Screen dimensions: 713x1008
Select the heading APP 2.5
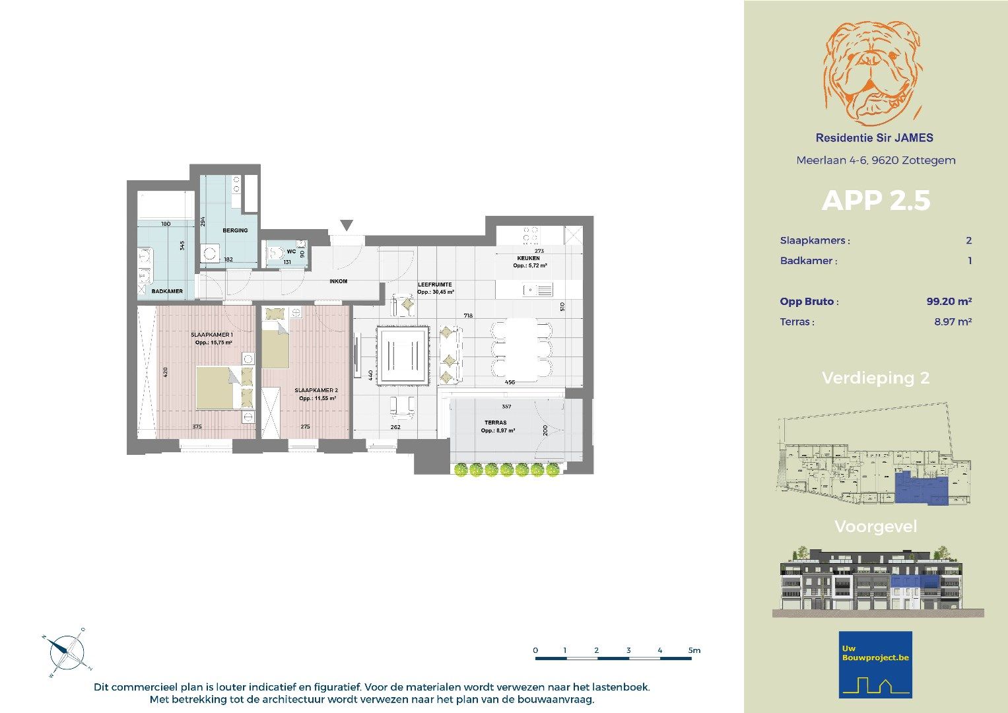tap(875, 201)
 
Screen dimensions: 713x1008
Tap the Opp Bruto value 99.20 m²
tap(949, 302)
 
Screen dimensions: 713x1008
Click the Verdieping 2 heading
tap(875, 378)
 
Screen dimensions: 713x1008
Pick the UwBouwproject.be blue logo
tap(875, 664)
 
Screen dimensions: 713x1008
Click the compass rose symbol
tap(66, 653)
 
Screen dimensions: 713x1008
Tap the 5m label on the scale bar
tap(694, 650)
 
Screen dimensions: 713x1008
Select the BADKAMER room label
tap(167, 291)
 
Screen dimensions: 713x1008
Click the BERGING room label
tap(235, 230)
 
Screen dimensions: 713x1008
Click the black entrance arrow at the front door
tap(347, 225)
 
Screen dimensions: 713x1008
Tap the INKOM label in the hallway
tap(338, 281)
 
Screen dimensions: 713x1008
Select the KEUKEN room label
tap(528, 258)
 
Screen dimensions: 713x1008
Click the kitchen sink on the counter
tap(538, 290)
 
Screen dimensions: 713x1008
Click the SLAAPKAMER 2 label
tap(316, 390)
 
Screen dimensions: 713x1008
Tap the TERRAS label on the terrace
tap(495, 423)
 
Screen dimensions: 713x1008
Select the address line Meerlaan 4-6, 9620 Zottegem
tap(875, 160)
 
